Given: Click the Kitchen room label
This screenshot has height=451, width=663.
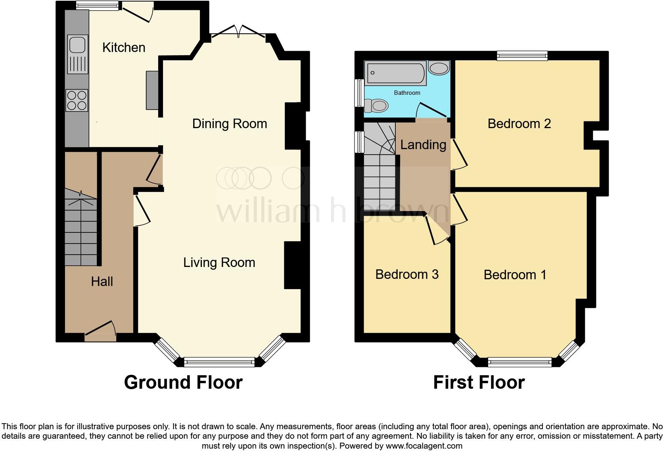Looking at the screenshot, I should coord(124,48).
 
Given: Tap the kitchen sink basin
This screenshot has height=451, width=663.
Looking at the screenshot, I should coord(77,44).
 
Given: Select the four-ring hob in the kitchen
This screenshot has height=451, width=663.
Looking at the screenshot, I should coord(77,100).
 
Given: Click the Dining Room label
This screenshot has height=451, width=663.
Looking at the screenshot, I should coord(229,124).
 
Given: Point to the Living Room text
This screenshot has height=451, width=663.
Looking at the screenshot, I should coord(219,263).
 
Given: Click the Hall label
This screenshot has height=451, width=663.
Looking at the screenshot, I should coord(102,282).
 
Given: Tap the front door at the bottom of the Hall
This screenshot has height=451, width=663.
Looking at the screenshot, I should coord(100,331).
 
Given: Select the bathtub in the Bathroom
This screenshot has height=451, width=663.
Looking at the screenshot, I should coord(395,73).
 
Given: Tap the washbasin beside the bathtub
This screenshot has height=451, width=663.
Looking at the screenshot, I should coord(439,69).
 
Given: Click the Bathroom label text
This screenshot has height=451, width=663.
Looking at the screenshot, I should coord(407,93).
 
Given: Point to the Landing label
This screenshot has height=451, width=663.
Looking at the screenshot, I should coord(423,145).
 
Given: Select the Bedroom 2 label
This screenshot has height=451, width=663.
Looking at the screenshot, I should coord(519,124).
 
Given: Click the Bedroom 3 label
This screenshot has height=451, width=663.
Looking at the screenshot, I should coord(407,274).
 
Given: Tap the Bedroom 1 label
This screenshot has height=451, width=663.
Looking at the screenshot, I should coord(515,275).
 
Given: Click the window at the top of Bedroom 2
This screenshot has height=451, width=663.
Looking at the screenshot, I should coord(522,56).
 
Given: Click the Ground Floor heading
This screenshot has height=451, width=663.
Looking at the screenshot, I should coord(183,382).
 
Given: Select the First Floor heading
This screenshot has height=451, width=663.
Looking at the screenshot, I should coord(479,382).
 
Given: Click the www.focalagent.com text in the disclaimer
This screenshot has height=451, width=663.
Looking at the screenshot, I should coord(424,446).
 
